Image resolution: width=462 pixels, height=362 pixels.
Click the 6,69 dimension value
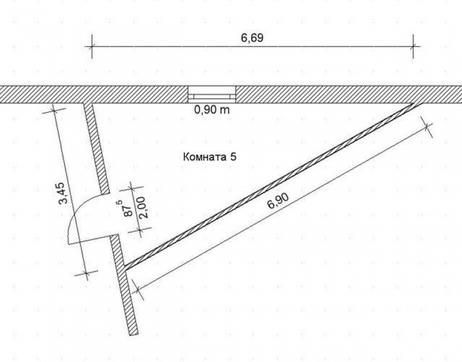252,38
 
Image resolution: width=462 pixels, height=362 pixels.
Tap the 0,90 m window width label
212,110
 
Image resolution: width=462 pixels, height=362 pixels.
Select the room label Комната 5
210,156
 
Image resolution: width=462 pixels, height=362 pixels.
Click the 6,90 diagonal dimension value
278,200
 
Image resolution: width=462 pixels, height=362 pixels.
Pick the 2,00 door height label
144,207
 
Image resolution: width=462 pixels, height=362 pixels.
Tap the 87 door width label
128,208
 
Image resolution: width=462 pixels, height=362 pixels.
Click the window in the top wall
212,94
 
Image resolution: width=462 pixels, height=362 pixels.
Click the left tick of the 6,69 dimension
92,46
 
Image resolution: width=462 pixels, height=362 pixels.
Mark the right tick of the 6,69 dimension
413,46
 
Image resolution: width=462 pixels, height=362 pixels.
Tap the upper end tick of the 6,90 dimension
427,126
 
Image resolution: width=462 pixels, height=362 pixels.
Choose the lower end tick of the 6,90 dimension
137,290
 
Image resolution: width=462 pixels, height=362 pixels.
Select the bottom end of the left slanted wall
134,335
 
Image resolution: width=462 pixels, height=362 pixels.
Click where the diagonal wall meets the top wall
417,104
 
